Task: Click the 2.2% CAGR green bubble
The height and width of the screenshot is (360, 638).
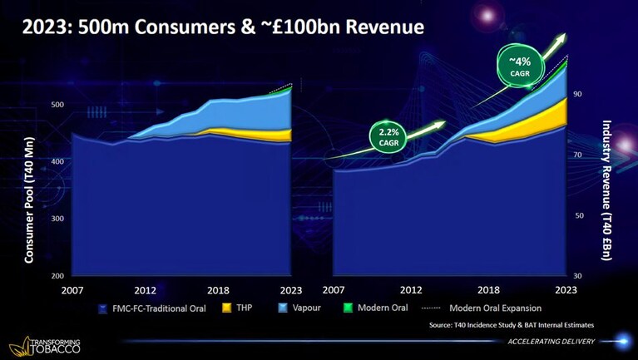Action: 389,136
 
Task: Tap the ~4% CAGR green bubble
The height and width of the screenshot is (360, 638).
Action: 520,67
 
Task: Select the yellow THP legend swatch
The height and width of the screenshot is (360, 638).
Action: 226,308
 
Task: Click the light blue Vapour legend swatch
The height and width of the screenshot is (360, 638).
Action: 283,308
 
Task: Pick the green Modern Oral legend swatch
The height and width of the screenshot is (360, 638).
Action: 348,308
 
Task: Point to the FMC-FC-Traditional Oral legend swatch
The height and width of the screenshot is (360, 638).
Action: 103,308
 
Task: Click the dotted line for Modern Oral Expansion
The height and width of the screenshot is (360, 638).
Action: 431,308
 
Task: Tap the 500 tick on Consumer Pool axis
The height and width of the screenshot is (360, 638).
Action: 57,105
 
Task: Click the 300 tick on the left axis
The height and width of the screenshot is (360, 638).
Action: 57,219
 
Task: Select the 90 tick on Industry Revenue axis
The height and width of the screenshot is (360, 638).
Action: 578,94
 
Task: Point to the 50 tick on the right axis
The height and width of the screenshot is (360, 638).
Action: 579,215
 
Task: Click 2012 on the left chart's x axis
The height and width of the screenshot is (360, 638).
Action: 146,290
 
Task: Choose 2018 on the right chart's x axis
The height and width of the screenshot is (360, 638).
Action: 488,290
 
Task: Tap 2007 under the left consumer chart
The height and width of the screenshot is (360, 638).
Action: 72,290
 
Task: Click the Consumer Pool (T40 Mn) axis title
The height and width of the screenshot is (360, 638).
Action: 29,200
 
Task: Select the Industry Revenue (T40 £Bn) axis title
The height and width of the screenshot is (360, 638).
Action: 606,190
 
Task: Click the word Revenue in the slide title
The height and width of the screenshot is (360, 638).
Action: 384,27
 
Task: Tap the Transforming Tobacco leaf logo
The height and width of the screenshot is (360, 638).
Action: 19,346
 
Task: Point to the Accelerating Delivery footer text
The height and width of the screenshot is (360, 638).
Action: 551,342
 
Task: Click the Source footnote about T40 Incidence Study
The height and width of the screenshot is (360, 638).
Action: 512,325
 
